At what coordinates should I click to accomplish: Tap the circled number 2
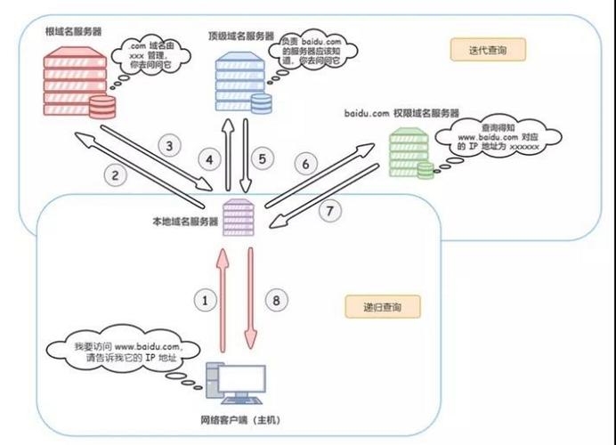coord(116,175)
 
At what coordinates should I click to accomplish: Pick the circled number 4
coord(210,160)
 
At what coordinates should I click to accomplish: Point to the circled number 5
coord(261,159)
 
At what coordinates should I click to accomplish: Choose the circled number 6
coord(305,164)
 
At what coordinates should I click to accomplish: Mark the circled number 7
coord(329,212)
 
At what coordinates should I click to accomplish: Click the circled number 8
coord(277,301)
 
